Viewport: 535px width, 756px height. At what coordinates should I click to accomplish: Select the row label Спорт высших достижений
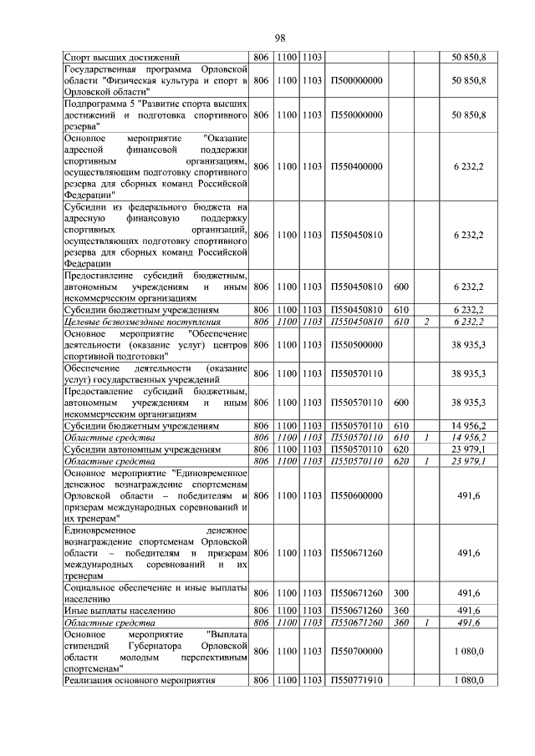click(x=121, y=56)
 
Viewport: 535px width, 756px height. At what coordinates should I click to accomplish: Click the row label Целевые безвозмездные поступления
click(x=143, y=322)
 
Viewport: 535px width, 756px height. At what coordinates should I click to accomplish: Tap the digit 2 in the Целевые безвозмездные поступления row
click(x=425, y=322)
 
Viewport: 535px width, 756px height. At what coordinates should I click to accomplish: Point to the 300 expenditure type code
click(x=400, y=593)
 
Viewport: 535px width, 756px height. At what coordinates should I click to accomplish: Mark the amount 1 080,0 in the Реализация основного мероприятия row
click(x=469, y=681)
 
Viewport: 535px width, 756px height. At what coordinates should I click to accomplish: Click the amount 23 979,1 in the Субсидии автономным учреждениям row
click(x=469, y=449)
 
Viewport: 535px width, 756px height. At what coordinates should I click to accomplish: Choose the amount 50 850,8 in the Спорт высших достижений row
click(x=469, y=56)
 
